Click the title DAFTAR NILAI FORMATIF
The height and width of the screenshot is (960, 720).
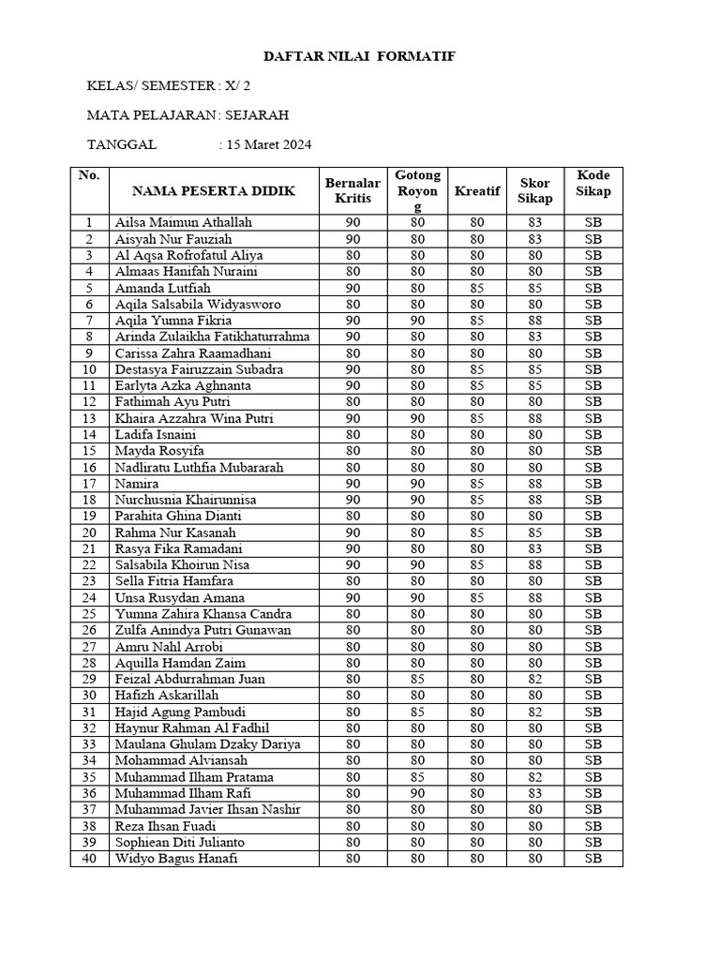[359, 57]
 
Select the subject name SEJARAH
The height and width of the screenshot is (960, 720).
[258, 116]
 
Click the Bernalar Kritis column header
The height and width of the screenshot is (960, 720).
[352, 190]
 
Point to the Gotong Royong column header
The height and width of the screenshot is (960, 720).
[417, 190]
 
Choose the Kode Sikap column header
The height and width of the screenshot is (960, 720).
[593, 184]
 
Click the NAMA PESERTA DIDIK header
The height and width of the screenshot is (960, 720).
[214, 191]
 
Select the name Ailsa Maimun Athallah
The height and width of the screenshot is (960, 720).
[184, 223]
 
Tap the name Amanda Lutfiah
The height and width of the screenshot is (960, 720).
[162, 288]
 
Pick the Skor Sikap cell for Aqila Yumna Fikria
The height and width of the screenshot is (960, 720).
[534, 321]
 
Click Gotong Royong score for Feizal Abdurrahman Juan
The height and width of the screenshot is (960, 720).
[417, 680]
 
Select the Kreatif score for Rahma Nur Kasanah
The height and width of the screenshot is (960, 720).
[476, 532]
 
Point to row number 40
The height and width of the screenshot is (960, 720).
[90, 859]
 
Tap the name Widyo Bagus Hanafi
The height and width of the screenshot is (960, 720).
[177, 859]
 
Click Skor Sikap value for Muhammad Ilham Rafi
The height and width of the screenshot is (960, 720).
[534, 793]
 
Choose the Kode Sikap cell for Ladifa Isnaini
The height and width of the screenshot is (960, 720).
[593, 435]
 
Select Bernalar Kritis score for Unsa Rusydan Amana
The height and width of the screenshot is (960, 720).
[352, 598]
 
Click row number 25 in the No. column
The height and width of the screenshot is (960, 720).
[90, 614]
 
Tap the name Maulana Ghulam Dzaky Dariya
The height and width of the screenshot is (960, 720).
[207, 744]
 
